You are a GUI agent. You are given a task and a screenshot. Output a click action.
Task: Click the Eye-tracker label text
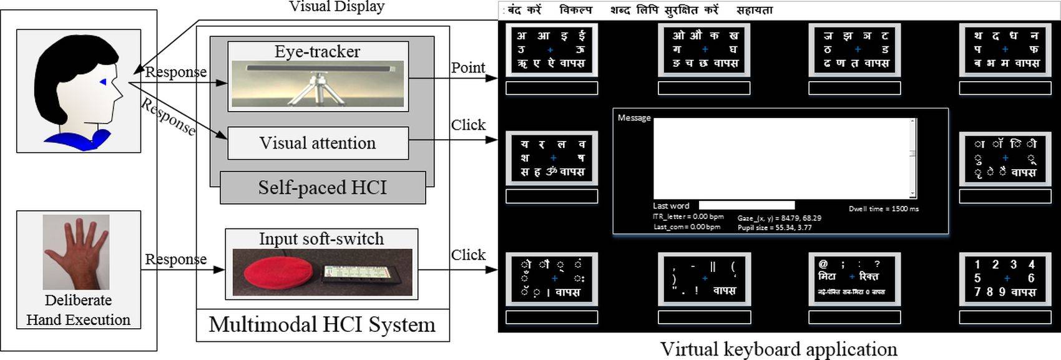317,51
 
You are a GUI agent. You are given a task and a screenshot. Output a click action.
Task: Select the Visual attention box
318,143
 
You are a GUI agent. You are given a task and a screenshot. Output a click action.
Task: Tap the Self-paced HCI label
323,188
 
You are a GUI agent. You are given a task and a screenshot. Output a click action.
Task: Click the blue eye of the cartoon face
104,82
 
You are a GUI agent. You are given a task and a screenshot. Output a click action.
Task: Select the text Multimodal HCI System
322,324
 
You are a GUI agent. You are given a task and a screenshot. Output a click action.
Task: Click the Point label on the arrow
467,67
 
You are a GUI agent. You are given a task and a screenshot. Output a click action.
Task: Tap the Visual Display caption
336,7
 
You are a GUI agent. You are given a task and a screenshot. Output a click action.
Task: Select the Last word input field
746,205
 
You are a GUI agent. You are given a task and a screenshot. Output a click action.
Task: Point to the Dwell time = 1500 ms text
883,208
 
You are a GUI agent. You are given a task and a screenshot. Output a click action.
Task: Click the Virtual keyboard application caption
778,349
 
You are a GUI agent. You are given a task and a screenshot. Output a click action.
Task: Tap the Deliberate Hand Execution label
79,310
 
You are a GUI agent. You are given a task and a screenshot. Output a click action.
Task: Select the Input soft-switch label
321,239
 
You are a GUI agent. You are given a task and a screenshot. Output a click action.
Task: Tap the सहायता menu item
754,10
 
